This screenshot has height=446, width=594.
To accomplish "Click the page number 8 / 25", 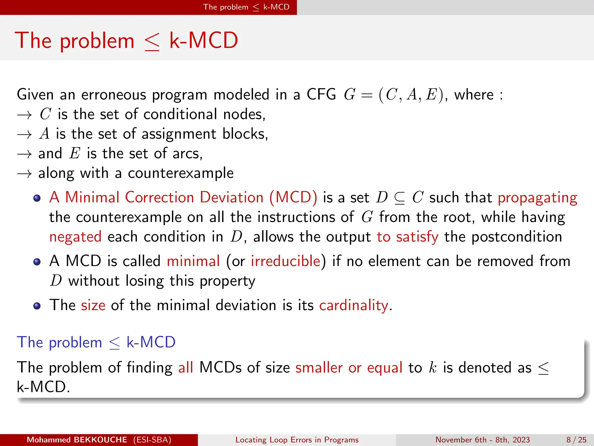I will tap(576, 440).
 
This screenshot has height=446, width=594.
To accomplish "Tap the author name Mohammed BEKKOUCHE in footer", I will tap(77, 440).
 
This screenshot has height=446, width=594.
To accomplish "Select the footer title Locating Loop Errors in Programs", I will tap(297, 440).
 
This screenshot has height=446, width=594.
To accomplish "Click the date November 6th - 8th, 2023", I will tap(482, 440).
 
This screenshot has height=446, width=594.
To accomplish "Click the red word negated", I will tap(75, 237).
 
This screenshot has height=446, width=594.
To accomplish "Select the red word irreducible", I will tap(285, 261).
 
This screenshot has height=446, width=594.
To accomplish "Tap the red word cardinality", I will tap(354, 305).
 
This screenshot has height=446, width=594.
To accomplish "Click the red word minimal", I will tap(193, 261).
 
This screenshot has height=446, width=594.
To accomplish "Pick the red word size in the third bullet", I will tap(93, 305).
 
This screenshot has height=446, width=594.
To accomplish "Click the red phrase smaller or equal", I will tap(349, 368).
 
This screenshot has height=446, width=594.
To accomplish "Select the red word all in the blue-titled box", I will tap(186, 368).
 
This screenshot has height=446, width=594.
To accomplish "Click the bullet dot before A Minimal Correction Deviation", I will tap(37, 198).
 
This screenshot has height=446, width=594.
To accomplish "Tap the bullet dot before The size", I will tap(37, 306).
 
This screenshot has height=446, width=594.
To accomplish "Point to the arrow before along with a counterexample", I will tap(24, 174).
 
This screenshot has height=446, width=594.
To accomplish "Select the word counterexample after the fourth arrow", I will tap(181, 173).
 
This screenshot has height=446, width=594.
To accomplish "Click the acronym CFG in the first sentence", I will tap(321, 94).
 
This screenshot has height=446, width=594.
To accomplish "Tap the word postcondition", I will tap(517, 237).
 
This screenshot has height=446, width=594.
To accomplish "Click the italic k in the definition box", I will tap(432, 368).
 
